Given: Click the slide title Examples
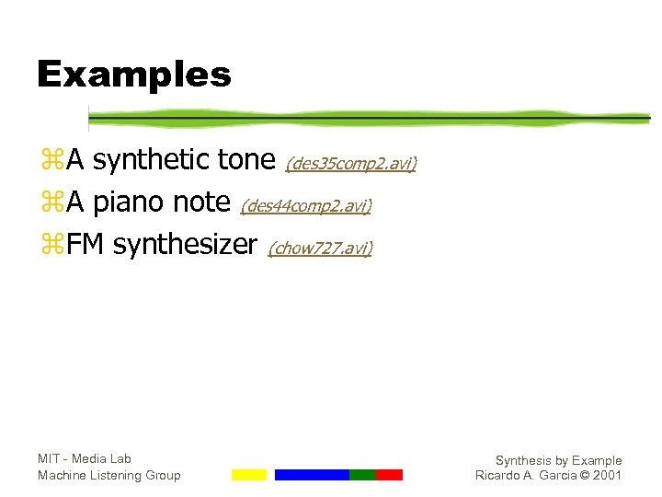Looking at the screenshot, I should pyautogui.click(x=133, y=74).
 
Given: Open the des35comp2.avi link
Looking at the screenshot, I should pyautogui.click(x=350, y=164).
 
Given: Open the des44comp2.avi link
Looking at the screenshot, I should pyautogui.click(x=305, y=206).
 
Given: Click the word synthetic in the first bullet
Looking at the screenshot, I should pyautogui.click(x=152, y=161).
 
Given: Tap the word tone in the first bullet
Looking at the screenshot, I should pyautogui.click(x=246, y=161).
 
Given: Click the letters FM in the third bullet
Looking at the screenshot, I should pyautogui.click(x=86, y=245).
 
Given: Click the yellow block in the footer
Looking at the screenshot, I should pyautogui.click(x=248, y=475).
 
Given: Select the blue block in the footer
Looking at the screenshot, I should pyautogui.click(x=312, y=475).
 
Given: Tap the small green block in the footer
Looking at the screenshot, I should pyautogui.click(x=362, y=475).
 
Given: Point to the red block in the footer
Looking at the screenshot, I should pyautogui.click(x=389, y=475).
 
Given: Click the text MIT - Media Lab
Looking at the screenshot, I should pyautogui.click(x=85, y=458).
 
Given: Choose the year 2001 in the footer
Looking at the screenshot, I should pyautogui.click(x=607, y=476).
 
